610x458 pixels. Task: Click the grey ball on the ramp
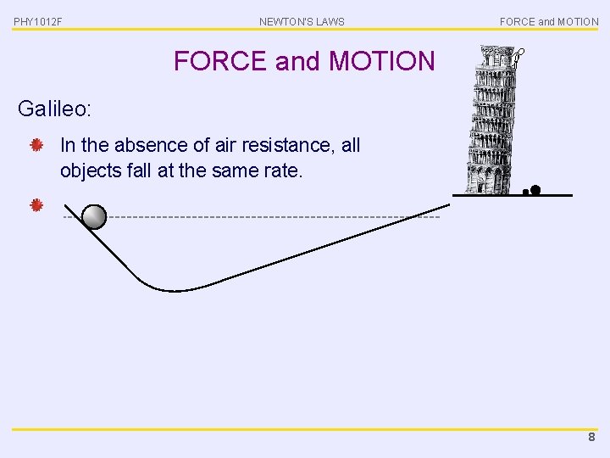[95, 218]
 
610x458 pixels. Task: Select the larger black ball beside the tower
[535, 190]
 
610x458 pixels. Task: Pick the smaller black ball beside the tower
[525, 193]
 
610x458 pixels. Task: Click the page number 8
[591, 438]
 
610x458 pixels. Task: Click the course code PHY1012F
[38, 21]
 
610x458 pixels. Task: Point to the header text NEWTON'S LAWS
[302, 21]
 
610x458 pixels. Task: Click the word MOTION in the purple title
[381, 61]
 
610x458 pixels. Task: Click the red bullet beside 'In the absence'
[36, 146]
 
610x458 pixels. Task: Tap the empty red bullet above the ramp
[36, 205]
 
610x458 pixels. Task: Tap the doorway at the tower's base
[486, 181]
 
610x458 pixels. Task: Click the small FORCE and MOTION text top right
[548, 21]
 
